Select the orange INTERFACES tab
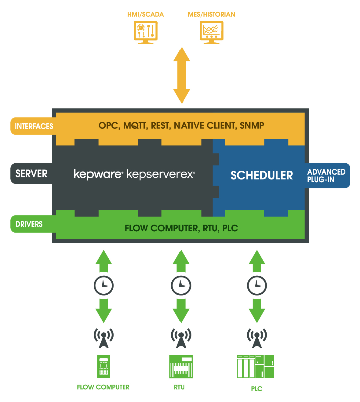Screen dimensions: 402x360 tap(33, 126)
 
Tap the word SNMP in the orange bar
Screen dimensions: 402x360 tap(251, 126)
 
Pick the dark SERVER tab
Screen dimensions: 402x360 tap(31, 174)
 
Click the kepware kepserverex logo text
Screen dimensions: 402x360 tap(134, 175)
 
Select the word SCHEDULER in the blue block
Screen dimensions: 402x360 tap(261, 175)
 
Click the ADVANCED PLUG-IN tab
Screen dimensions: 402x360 tap(327, 175)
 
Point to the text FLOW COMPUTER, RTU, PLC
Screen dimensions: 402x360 tap(181, 228)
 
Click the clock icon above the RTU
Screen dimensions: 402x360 tap(181, 285)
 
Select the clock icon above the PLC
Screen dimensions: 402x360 tap(257, 285)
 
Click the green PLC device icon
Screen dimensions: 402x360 tap(256, 367)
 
